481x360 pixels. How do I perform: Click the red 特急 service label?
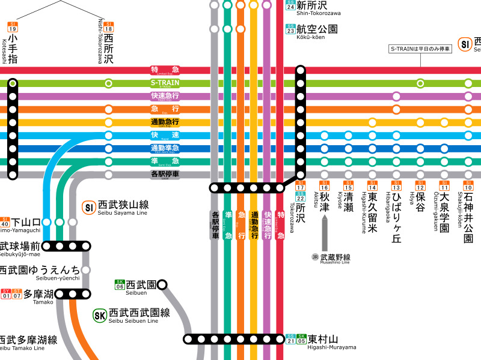[165, 70]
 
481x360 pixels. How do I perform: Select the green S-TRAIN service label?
[165, 83]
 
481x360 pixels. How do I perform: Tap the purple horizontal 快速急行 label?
[165, 96]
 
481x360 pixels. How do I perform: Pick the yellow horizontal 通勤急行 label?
[165, 122]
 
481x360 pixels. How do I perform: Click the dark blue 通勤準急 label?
[165, 148]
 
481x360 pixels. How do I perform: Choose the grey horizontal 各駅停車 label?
[165, 175]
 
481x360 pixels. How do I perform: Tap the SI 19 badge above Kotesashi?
[13, 26]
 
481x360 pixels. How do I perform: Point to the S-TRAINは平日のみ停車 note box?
[420, 49]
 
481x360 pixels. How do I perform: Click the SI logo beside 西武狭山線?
[89, 208]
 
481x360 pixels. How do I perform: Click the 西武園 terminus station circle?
[161, 284]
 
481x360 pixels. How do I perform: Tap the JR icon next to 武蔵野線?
[314, 257]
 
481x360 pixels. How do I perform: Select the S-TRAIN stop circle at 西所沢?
[108, 83]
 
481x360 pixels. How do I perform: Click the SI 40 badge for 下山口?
[5, 222]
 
